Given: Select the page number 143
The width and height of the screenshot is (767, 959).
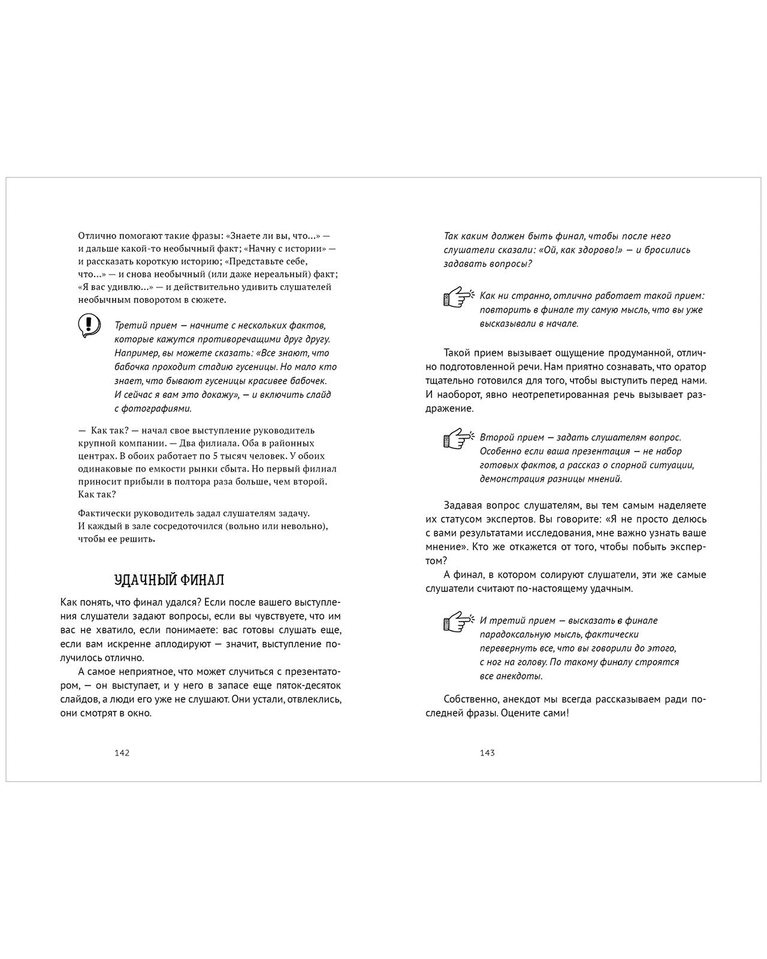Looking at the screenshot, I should pos(487,753).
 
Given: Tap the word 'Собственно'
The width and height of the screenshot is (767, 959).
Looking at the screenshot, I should pos(471,699).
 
